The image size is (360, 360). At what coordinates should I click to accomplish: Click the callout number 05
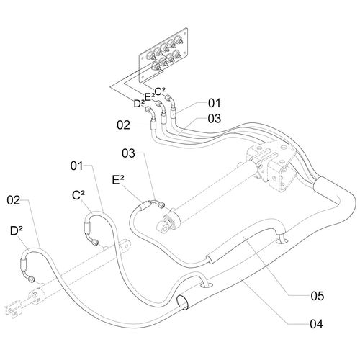click(x=318, y=296)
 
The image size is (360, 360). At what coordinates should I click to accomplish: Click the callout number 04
click(x=317, y=324)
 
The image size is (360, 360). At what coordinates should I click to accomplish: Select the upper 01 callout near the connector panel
click(x=214, y=103)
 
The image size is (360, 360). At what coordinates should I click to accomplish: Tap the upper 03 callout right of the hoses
click(x=215, y=119)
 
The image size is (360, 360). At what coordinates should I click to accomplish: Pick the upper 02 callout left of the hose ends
click(x=123, y=125)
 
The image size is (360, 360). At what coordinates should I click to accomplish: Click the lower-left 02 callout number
click(x=14, y=200)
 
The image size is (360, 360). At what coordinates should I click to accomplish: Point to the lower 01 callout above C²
click(x=77, y=166)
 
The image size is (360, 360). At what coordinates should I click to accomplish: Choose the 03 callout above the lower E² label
click(x=128, y=153)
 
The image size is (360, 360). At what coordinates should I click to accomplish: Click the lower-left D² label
click(x=17, y=231)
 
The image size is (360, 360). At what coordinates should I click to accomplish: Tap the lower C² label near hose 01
click(x=78, y=195)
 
